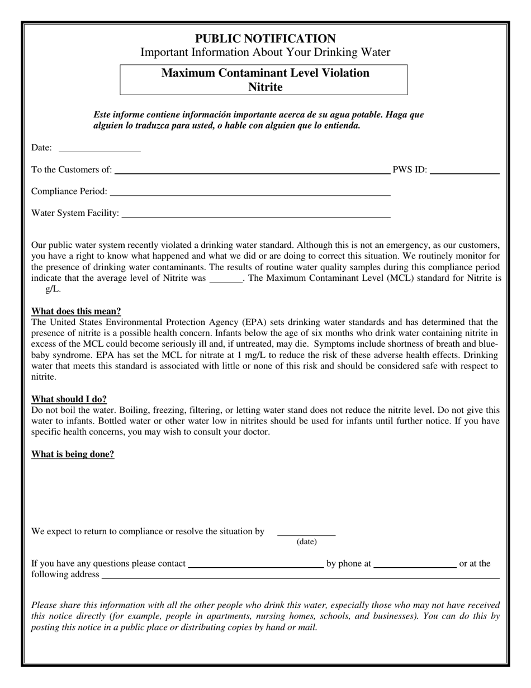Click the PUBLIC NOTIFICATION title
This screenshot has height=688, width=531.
coord(265,39)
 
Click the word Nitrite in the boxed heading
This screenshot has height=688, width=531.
coord(265,87)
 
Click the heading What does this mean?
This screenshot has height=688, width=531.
coord(76,311)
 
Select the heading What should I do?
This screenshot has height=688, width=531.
coord(69,399)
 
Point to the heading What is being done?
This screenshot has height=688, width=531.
coord(73,454)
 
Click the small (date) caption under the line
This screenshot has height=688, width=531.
coord(306,541)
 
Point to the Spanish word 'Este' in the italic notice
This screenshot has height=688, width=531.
coord(103,115)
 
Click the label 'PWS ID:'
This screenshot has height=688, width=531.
coord(410,169)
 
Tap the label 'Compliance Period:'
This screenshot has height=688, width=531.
coord(69,191)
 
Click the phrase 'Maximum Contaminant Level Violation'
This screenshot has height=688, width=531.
coord(265,73)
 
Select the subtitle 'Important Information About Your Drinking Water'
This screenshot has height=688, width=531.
coord(265,53)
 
